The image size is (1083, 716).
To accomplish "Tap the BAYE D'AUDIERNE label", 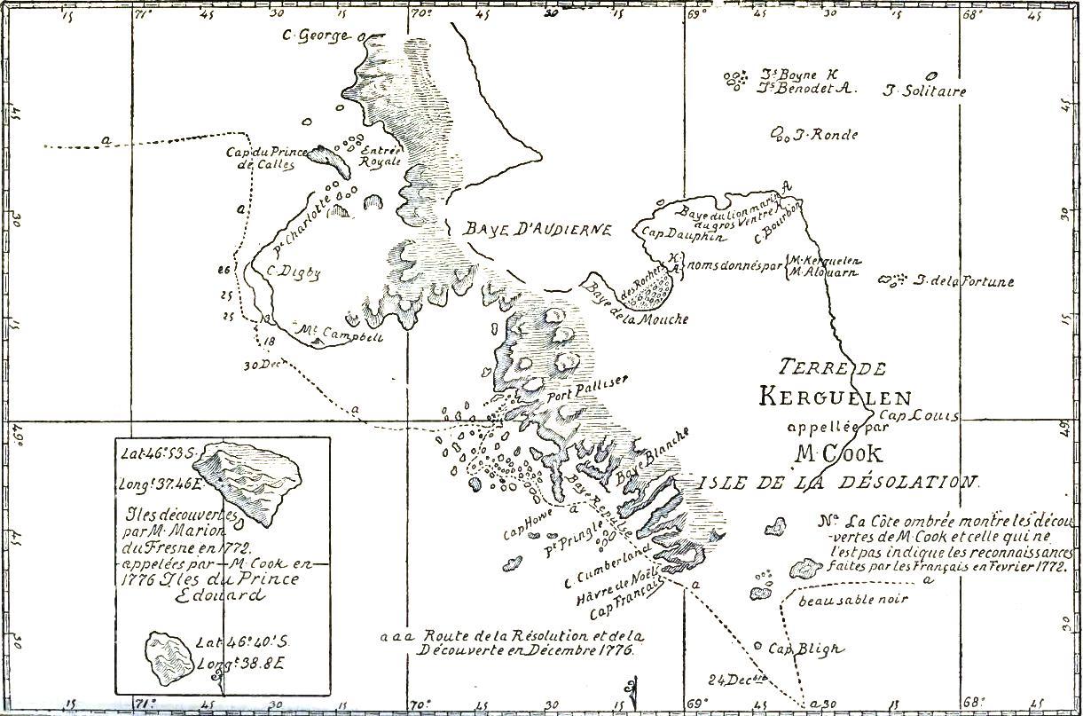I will [x=538, y=229].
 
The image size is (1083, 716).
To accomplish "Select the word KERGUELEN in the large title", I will [x=834, y=397].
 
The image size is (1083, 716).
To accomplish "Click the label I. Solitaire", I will [x=925, y=90].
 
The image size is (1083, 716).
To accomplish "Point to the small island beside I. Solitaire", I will [x=931, y=75].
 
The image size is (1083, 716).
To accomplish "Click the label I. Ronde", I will [x=825, y=135].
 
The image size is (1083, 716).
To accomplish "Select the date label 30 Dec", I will [x=262, y=365].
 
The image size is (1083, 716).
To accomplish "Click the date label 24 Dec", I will [x=737, y=681].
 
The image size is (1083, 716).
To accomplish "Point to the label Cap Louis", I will [x=919, y=416].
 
